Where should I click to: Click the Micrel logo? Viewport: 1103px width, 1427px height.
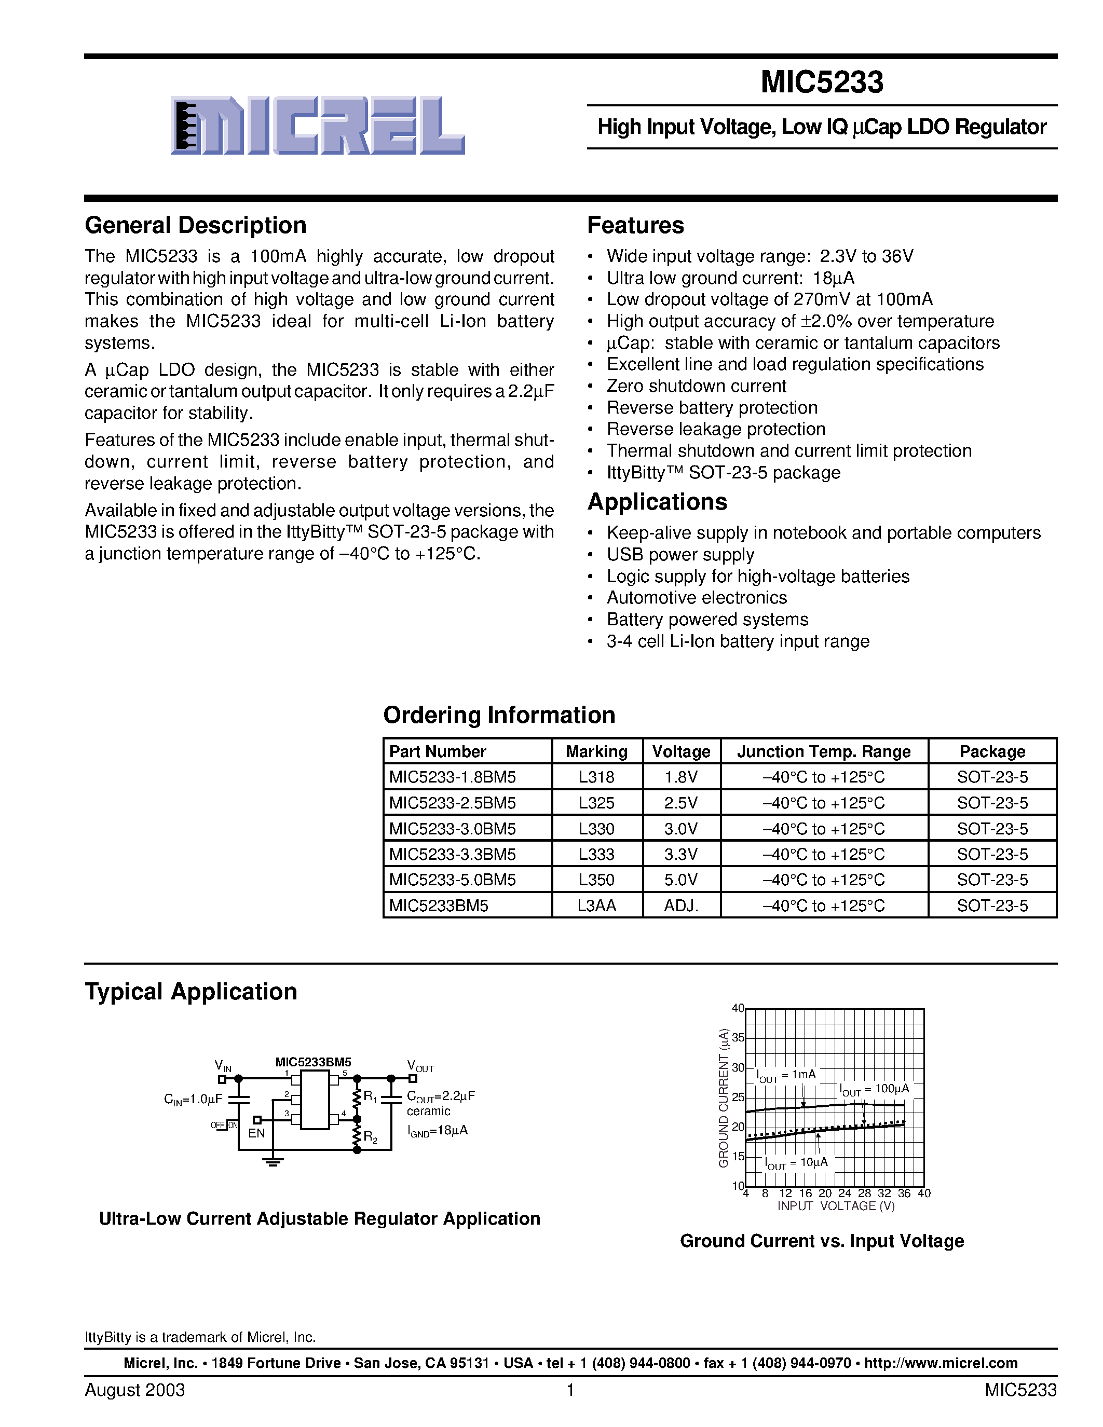point(318,126)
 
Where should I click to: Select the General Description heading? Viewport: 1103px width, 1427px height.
point(195,225)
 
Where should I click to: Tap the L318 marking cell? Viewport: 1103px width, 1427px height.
point(596,777)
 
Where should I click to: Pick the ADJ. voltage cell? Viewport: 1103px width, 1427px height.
point(681,905)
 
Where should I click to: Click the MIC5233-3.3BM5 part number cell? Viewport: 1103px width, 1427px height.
point(452,854)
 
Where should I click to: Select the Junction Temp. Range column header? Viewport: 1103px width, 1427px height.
point(823,751)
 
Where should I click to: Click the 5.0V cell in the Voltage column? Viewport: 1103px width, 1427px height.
point(681,880)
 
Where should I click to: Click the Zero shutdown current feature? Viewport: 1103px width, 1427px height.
point(696,386)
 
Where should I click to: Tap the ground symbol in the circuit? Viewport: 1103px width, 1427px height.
point(273,1162)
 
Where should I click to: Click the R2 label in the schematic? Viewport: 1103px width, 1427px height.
point(370,1137)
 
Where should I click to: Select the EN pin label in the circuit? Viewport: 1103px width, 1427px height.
point(256,1133)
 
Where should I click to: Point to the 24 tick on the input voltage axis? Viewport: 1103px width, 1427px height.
point(844,1193)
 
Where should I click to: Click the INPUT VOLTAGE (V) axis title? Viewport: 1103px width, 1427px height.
point(835,1206)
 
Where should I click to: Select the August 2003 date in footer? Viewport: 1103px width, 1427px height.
point(134,1390)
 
